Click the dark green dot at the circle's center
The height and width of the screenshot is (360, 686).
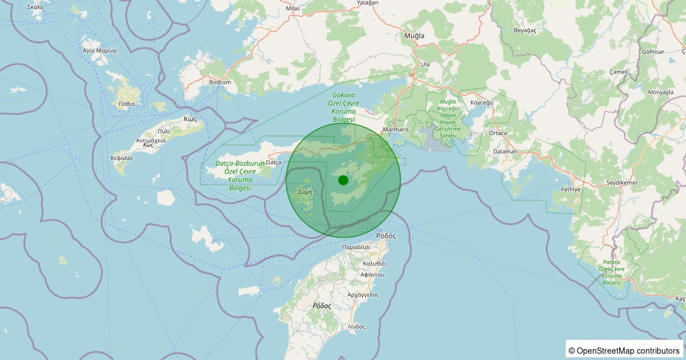click(343, 181)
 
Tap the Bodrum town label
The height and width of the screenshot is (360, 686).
click(220, 82)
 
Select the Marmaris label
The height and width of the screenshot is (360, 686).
click(396, 130)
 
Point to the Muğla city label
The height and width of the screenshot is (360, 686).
click(414, 36)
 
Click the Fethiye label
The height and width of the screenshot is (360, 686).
click(571, 189)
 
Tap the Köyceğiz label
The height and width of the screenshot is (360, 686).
click(481, 102)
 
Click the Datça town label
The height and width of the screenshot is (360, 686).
click(274, 163)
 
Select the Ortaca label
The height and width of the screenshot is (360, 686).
click(498, 133)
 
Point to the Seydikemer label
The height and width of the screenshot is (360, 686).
click(622, 183)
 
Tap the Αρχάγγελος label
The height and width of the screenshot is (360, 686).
click(363, 295)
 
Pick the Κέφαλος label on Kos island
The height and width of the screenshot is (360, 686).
click(122, 158)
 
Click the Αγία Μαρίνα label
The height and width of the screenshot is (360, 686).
click(99, 50)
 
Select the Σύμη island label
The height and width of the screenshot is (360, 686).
click(304, 192)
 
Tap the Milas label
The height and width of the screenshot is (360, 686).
click(292, 9)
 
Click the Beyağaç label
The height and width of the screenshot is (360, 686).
click(526, 30)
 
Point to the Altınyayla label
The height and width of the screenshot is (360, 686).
click(660, 92)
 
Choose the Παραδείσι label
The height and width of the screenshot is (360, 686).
click(357, 247)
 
